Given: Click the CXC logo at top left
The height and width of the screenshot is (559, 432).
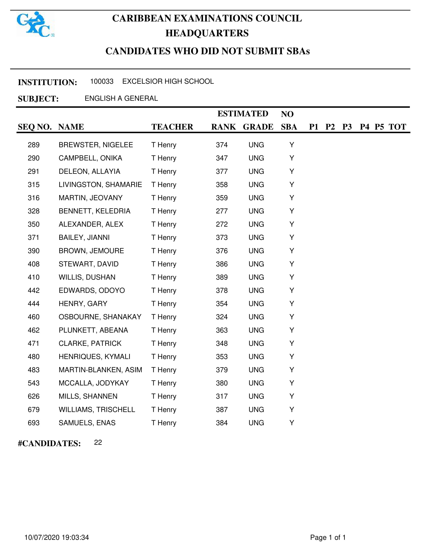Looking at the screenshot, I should coord(36,24).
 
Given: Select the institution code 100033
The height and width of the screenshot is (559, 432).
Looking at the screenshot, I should coord(102,81).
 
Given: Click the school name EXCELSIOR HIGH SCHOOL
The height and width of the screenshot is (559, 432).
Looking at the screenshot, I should coord(168,81).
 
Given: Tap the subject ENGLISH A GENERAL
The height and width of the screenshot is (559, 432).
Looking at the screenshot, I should coord(121,98).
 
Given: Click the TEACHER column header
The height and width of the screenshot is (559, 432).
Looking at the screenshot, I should coord(172,127).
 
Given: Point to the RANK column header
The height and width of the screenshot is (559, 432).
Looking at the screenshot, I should coord(223,127).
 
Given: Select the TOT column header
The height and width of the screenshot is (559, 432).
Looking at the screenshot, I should coord(397,127).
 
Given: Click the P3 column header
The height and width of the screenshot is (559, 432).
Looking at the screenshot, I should coord(347,127).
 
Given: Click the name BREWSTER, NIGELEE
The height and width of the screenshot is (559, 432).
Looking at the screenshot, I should coord(96,145).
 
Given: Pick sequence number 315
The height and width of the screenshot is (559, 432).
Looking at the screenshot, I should coord(34,184).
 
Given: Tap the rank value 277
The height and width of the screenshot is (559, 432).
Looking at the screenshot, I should coord(222,211).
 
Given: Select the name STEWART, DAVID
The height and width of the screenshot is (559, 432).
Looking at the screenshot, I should coord(88,264).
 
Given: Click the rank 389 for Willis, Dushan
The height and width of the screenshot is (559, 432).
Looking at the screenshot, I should coord(222,277).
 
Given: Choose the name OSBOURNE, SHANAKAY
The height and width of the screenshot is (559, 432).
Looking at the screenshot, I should coord(100,317).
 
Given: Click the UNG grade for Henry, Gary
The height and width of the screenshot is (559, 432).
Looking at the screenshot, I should coord(256,304).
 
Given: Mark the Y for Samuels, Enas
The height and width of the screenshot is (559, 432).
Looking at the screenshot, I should coord(291,423).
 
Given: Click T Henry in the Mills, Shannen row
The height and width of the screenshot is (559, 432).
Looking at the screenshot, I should coord(164,396).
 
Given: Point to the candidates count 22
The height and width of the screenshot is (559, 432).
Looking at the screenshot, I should coord(98,443).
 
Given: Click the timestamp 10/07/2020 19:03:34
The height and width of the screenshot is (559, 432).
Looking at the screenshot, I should coord(57,537).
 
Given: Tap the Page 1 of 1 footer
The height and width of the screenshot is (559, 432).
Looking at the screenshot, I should coord(328,537).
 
